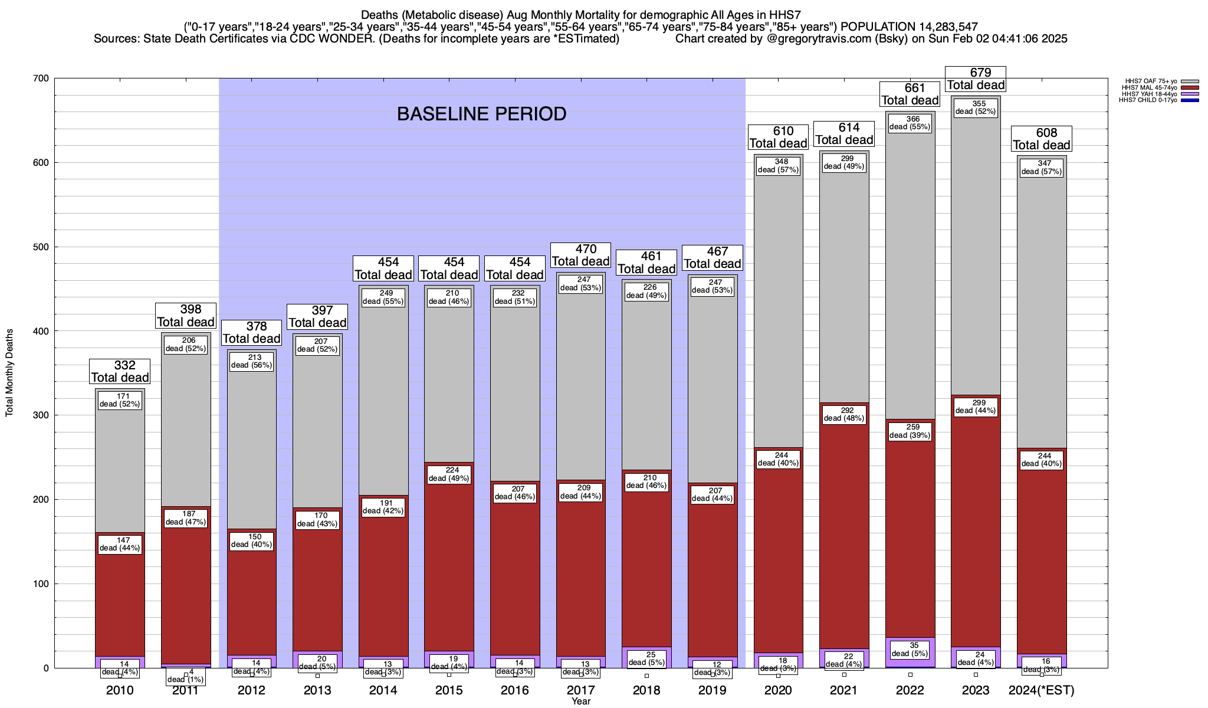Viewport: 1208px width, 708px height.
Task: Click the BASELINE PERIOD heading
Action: click(x=481, y=114)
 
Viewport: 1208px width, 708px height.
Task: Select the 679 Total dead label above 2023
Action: click(x=976, y=78)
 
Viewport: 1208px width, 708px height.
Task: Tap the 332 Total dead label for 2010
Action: click(x=120, y=372)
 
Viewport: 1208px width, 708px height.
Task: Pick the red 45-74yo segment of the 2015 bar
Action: click(x=449, y=560)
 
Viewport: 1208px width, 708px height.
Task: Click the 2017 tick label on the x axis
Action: click(x=581, y=690)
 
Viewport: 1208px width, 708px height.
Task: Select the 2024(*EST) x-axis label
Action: click(x=1042, y=690)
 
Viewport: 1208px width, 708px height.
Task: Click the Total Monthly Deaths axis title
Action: click(x=9, y=373)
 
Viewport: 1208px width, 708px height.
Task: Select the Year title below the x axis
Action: click(x=581, y=702)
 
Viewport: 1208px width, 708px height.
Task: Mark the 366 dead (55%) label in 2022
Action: click(x=910, y=123)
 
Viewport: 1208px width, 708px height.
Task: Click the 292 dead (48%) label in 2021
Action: click(x=844, y=414)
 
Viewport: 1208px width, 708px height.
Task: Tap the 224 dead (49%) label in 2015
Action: click(x=449, y=474)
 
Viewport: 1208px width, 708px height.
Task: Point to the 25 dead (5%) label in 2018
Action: click(x=646, y=658)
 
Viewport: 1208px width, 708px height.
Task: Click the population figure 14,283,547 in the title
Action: click(x=940, y=27)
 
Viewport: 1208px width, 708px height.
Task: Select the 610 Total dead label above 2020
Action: click(x=778, y=137)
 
